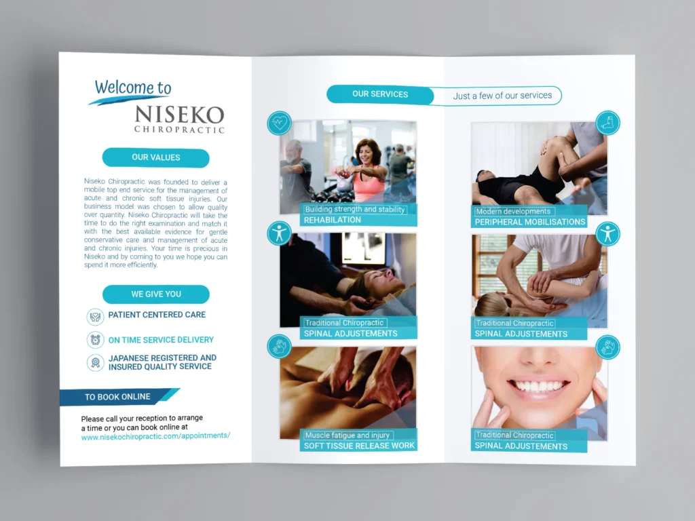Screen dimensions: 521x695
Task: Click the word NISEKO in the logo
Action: tap(179, 114)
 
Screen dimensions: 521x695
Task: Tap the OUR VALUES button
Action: tap(156, 157)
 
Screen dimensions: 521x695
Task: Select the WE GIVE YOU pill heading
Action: tap(156, 294)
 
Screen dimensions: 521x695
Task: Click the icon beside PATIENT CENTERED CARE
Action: tap(96, 316)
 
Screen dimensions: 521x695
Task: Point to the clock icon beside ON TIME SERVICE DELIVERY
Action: tap(96, 340)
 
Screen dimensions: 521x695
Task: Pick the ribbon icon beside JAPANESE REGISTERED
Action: tap(96, 362)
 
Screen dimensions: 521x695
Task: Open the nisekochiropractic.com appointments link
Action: tap(155, 436)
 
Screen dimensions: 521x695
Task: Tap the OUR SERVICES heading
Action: tap(380, 94)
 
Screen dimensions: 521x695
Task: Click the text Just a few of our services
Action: tap(502, 96)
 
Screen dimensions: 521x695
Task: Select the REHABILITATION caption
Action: tap(333, 220)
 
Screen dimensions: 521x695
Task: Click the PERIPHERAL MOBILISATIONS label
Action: tap(530, 222)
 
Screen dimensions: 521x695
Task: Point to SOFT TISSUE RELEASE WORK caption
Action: tap(359, 446)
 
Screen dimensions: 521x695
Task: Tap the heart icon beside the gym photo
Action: tap(279, 123)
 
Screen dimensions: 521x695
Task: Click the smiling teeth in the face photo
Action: tap(538, 386)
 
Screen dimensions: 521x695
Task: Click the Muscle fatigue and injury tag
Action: tap(347, 435)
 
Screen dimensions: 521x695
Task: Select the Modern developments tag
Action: tap(514, 212)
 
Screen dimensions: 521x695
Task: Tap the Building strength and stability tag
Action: tap(355, 210)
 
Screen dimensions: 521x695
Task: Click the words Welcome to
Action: tap(133, 88)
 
